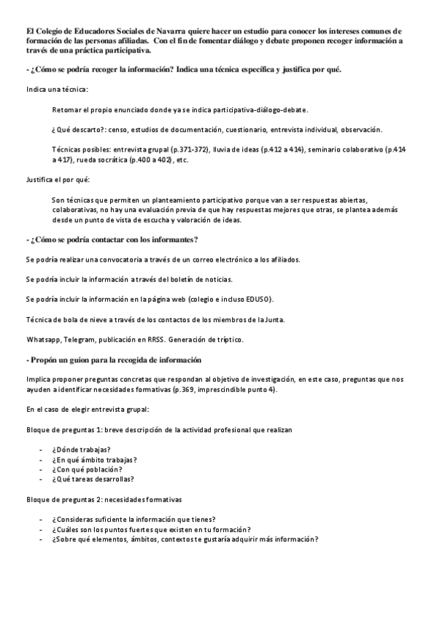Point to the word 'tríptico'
(228, 340)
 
